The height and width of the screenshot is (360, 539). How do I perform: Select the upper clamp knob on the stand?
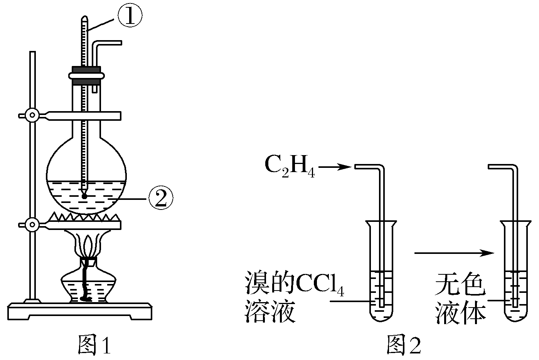[31, 115]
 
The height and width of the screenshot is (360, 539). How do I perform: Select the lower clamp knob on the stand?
[31, 223]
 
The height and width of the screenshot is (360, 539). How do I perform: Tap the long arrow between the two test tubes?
[453, 253]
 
